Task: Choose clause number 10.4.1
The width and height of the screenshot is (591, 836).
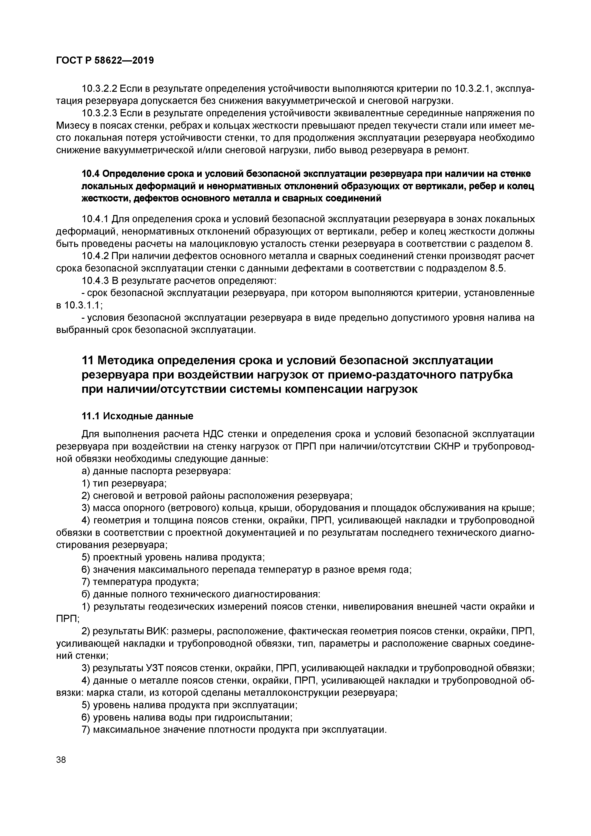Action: pyautogui.click(x=95, y=219)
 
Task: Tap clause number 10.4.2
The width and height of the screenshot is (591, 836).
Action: pyautogui.click(x=95, y=256)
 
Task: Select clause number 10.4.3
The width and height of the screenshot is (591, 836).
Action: pyautogui.click(x=95, y=281)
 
